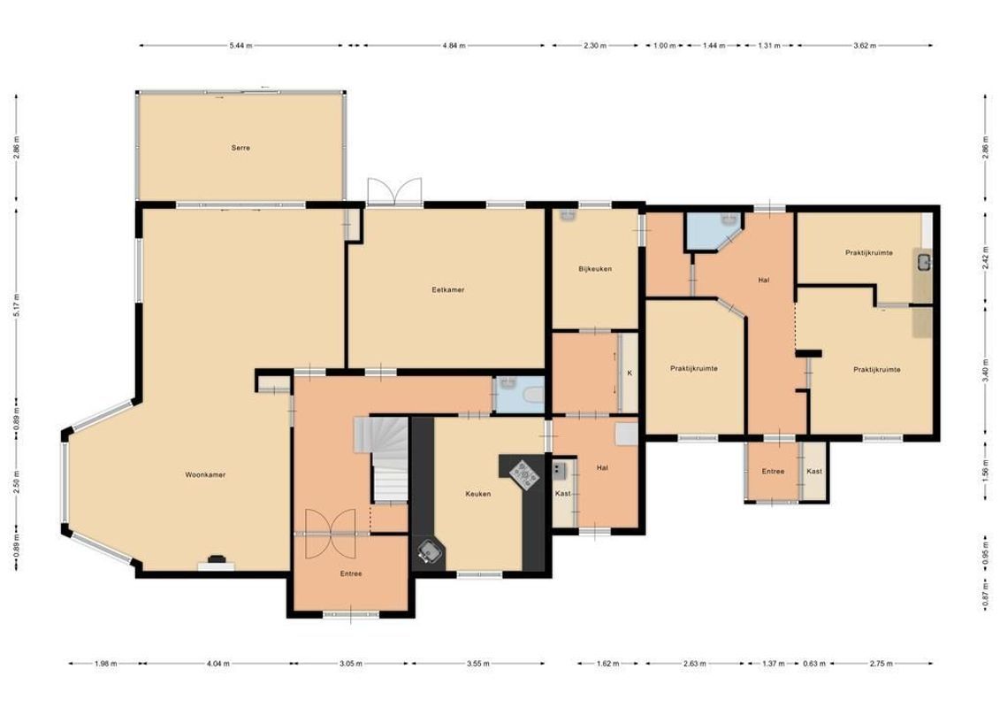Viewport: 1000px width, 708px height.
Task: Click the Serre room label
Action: pos(240,148)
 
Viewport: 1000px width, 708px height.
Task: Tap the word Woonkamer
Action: pos(205,474)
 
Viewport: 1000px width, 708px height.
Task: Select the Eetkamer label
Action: pos(448,289)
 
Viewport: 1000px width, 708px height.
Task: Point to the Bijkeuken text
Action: pos(595,269)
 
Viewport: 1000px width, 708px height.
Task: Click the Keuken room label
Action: pos(478,494)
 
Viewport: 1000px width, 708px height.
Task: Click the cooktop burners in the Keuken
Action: pos(525,474)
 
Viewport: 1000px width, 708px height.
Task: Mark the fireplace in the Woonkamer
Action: pos(216,562)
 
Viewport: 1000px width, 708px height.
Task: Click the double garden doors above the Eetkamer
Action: pos(394,191)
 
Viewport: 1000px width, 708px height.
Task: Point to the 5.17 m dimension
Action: pos(16,297)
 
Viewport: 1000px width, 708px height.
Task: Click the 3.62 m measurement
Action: pos(865,45)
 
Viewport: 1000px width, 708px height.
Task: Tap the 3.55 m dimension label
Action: pos(477,663)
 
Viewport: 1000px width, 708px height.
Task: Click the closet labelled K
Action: pos(630,373)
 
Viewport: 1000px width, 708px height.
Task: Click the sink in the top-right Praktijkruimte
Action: pos(924,261)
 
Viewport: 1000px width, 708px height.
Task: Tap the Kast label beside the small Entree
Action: pos(814,472)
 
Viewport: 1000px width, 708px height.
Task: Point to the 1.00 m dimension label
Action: pos(665,45)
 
